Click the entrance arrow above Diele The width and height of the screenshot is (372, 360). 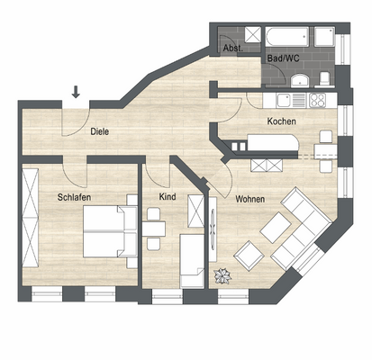tap(76, 91)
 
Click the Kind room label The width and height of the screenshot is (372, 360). tap(167, 195)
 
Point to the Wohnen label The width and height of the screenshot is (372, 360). tap(250, 199)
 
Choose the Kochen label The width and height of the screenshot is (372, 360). tap(281, 121)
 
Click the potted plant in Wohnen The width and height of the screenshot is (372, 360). tap(220, 276)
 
